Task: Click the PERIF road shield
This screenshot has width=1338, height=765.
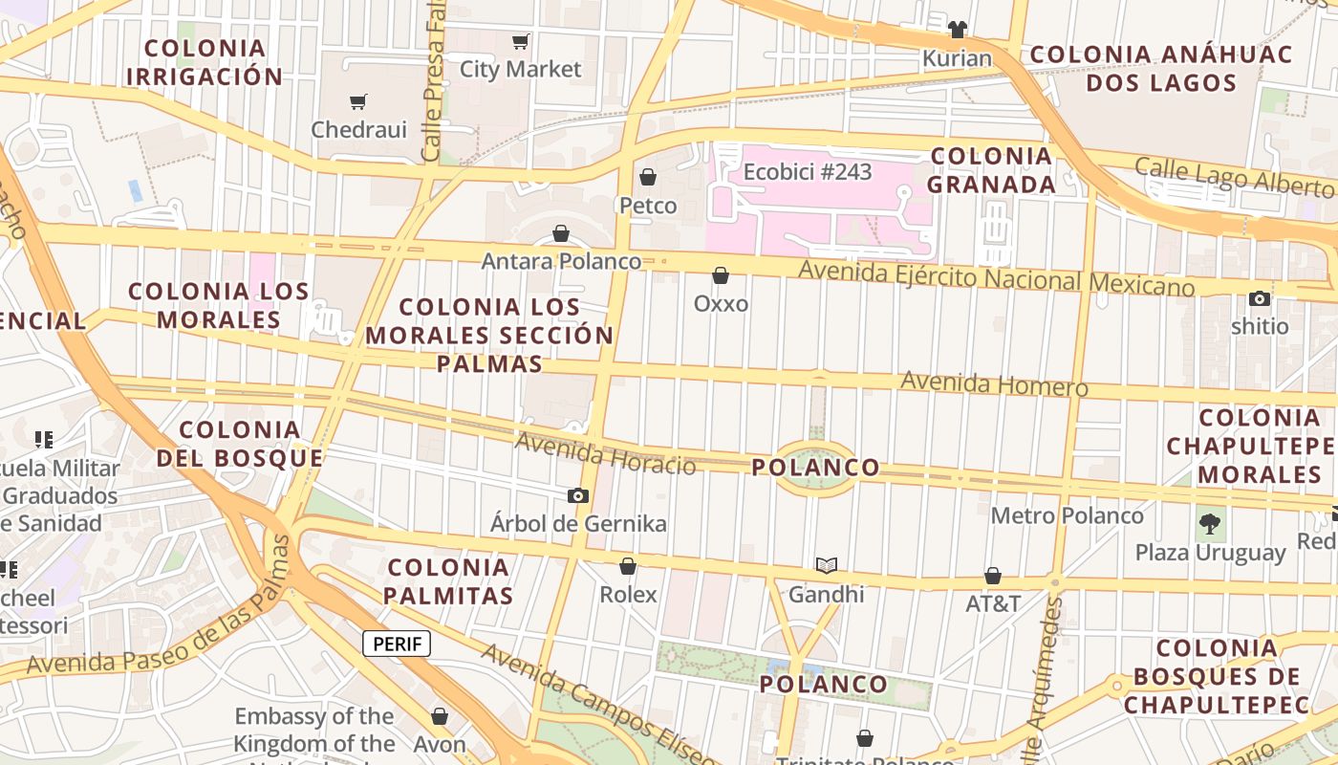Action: [397, 644]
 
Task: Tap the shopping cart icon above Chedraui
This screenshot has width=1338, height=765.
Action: [358, 102]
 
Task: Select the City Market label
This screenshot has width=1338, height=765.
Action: [520, 69]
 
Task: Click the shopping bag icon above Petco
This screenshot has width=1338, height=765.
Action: [648, 177]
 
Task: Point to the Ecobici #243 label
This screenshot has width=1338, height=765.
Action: [808, 172]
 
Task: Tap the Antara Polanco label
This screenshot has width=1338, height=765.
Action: [561, 261]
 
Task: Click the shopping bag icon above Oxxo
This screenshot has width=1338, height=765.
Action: [721, 275]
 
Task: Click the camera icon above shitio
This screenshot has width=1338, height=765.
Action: [1260, 298]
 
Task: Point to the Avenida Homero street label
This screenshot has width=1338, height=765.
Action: [994, 383]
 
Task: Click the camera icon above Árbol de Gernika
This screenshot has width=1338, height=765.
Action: [578, 495]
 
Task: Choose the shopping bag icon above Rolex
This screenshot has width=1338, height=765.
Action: [628, 566]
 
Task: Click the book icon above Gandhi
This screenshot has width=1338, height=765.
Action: [826, 566]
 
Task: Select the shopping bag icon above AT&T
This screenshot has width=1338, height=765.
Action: [993, 576]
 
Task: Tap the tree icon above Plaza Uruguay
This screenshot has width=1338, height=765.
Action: [1210, 524]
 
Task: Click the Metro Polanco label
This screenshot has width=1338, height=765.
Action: [1067, 515]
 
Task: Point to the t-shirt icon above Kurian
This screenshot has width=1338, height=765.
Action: [957, 30]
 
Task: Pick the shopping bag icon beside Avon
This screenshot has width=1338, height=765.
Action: [440, 715]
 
